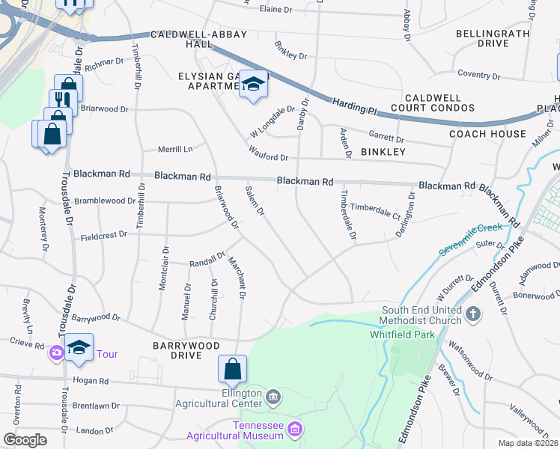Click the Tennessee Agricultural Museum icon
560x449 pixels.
(295, 429)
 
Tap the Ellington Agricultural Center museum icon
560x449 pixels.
(273, 397)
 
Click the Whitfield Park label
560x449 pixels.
(402, 335)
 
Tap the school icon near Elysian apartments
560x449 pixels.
(254, 85)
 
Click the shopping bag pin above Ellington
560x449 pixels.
(232, 368)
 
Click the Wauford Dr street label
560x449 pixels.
(269, 156)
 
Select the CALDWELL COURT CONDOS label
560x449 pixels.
(439, 103)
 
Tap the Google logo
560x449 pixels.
(25, 439)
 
